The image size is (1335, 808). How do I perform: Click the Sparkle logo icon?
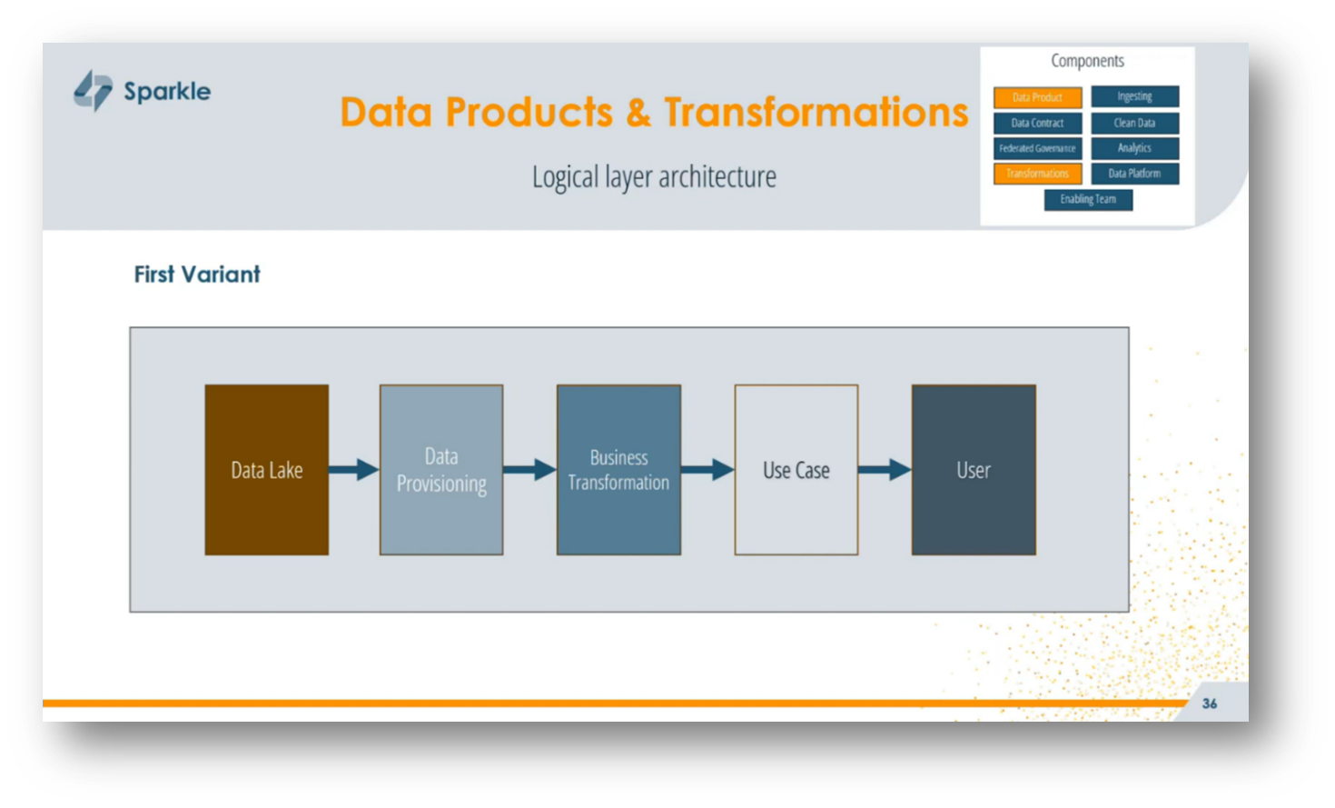pos(94,91)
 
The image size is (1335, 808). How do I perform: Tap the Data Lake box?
pos(266,470)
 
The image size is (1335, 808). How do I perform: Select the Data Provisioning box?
pos(441,470)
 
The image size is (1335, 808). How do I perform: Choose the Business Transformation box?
pos(618,470)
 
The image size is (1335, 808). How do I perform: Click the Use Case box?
pos(796,470)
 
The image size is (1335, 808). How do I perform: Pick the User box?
pos(974,470)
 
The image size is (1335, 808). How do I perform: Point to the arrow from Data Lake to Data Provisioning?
pos(353,470)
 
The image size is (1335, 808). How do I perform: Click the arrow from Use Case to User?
pos(884,470)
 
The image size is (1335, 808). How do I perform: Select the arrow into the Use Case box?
pos(707,470)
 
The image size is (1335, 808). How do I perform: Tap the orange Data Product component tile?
pos(1037,97)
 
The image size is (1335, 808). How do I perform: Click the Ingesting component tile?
pos(1134,96)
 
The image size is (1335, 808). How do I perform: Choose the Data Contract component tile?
pos(1037,123)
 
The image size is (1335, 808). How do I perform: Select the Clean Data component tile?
pos(1134,123)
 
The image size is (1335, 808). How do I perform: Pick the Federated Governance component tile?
pos(1037,148)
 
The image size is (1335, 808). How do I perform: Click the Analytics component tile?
pos(1134,148)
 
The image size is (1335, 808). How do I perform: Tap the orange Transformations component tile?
pos(1037,174)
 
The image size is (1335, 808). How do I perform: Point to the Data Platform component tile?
pos(1134,174)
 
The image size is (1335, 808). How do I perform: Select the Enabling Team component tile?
pos(1088,199)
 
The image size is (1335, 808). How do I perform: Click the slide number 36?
pos(1210,703)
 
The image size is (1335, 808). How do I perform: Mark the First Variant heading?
pos(197,274)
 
